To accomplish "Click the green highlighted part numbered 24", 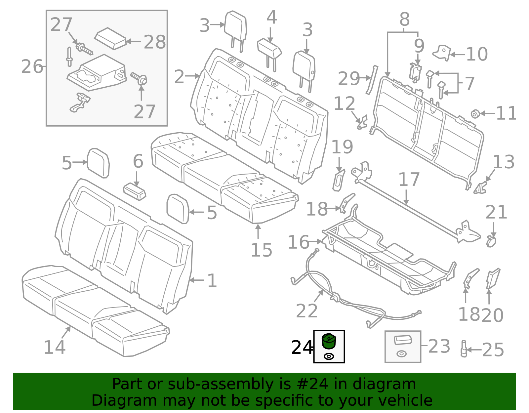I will click(x=329, y=341).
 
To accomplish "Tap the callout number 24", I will click(x=302, y=348).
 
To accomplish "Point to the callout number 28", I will click(x=155, y=42).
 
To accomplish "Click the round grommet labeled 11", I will click(x=475, y=114).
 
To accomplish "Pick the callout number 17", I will click(x=409, y=180).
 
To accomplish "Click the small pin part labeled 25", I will click(x=464, y=349).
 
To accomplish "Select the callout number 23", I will click(x=439, y=346).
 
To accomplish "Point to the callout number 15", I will click(x=261, y=250).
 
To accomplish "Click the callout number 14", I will click(x=55, y=347).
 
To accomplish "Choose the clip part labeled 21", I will click(x=491, y=241).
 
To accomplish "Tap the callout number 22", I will click(x=307, y=311).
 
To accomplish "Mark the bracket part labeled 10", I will click(x=442, y=53).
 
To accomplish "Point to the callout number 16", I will click(x=298, y=242).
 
